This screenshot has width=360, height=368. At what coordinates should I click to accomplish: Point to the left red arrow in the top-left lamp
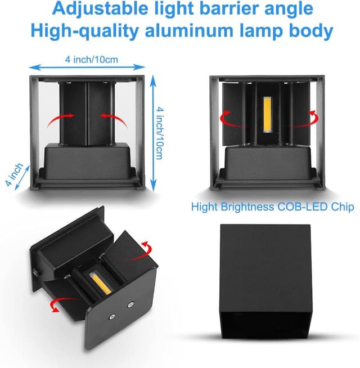(65, 115)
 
